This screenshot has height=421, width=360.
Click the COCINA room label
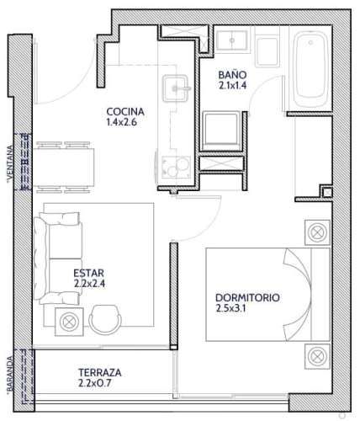click(125, 112)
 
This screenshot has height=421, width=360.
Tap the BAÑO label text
click(232, 75)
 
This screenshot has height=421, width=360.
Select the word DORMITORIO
click(247, 298)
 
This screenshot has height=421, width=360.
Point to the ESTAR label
click(89, 273)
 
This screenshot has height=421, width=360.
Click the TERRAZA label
click(100, 373)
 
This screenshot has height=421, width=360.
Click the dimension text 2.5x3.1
click(230, 308)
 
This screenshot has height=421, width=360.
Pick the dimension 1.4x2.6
click(121, 122)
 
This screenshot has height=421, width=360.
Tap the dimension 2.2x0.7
click(95, 383)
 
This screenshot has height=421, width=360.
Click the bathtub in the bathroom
click(310, 70)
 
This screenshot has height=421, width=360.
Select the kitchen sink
click(176, 88)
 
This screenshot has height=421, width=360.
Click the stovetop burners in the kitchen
click(176, 168)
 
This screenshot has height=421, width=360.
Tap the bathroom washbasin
click(232, 40)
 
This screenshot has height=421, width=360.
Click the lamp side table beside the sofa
click(69, 322)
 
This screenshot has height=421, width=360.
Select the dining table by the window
click(64, 168)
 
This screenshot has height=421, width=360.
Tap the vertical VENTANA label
click(10, 163)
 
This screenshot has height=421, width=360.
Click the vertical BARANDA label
click(10, 374)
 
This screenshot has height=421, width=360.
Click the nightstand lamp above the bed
click(317, 232)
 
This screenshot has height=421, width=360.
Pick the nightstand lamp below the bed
click(317, 356)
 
